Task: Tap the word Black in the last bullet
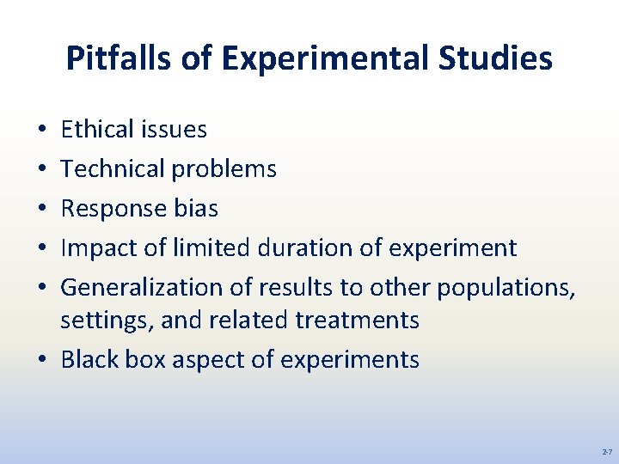[90, 359]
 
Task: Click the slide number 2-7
[606, 451]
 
